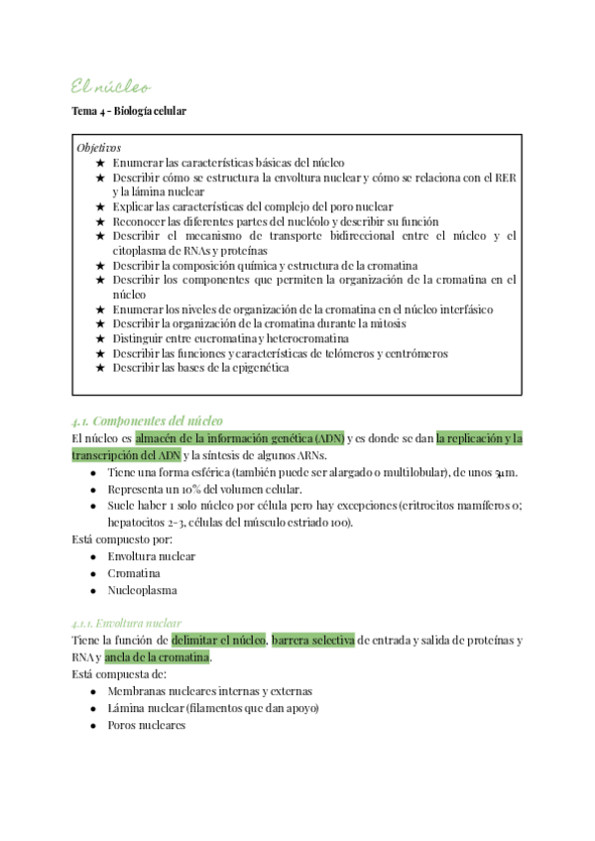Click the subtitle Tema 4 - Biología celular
(x=129, y=111)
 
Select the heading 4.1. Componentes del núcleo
(x=148, y=420)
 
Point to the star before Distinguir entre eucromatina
(x=99, y=338)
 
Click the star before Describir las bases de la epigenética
(x=99, y=368)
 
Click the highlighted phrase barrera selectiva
(x=312, y=640)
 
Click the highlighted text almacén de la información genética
(x=239, y=437)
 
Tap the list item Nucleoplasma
(x=143, y=590)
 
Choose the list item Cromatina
(x=134, y=573)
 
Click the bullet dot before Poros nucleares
(x=92, y=725)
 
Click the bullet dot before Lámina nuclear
(x=92, y=708)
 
